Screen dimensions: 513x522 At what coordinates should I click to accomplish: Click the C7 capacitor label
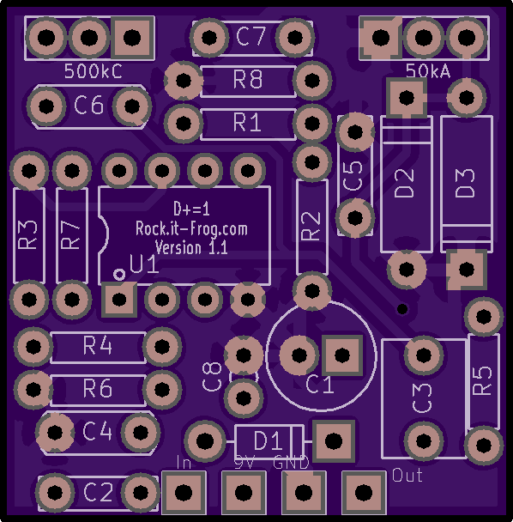[250, 36]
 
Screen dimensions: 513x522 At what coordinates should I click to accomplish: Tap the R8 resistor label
[248, 80]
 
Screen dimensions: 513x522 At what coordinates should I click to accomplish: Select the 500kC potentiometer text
[94, 71]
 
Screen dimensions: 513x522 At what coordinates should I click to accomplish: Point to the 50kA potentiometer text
[428, 71]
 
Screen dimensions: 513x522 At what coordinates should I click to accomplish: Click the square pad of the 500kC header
[132, 37]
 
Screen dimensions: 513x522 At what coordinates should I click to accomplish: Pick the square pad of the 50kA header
[381, 38]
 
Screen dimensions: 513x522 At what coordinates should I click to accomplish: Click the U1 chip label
[144, 264]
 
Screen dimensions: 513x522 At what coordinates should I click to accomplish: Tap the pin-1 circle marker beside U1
[118, 275]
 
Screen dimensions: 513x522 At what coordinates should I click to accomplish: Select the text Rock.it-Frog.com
[191, 229]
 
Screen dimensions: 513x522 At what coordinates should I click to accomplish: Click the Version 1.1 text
[191, 247]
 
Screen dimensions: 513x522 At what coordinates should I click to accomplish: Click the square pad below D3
[467, 269]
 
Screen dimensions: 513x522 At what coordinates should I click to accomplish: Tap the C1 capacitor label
[319, 385]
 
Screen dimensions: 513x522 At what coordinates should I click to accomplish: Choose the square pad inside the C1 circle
[342, 355]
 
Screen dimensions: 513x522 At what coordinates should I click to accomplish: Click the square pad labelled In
[184, 492]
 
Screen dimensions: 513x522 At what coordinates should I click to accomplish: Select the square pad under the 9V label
[244, 492]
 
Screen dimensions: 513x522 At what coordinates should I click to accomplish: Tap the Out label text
[407, 475]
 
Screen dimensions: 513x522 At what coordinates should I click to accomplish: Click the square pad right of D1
[333, 441]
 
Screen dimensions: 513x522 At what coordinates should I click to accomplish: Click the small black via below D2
[402, 309]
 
